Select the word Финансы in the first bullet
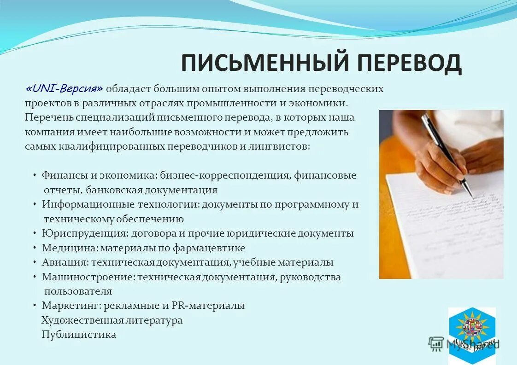[59, 175]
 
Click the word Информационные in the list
[79, 204]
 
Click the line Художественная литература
[112, 320]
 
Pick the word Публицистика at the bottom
[79, 335]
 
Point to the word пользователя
[78, 291]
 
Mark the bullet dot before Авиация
[35, 263]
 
